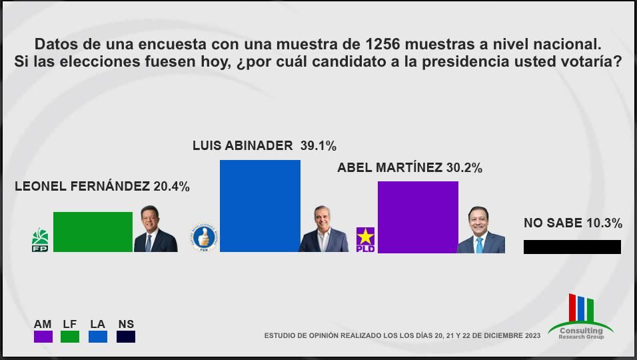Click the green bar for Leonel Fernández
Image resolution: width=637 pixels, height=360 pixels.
(93, 231)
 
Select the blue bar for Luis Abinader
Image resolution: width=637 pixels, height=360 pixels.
(260, 206)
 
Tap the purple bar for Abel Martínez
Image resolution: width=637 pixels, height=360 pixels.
(418, 217)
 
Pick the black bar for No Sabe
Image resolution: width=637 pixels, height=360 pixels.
(572, 247)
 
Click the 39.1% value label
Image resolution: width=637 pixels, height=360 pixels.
(318, 145)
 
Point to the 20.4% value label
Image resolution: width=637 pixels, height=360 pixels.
(171, 187)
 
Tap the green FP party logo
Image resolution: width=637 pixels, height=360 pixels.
(40, 240)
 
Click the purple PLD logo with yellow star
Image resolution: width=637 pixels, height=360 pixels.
(365, 239)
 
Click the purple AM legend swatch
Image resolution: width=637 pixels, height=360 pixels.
(43, 337)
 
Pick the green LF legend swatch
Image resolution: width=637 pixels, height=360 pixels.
(70, 337)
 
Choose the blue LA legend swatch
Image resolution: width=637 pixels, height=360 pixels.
(98, 337)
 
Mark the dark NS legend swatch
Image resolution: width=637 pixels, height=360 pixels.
(126, 337)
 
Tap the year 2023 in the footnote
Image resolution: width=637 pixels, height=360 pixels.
(532, 336)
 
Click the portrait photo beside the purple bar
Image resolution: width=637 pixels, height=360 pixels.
(480, 230)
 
